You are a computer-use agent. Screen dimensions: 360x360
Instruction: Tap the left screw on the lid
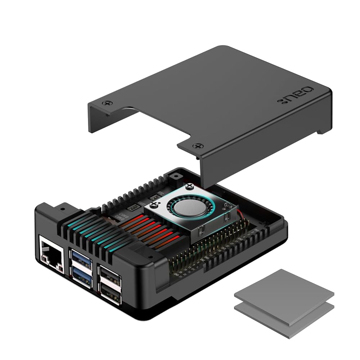pyautogui.click(x=106, y=103)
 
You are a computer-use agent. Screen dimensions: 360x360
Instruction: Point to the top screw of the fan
pyautogui.click(x=190, y=187)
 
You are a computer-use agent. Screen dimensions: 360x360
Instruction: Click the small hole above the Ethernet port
pyautogui.click(x=62, y=208)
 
